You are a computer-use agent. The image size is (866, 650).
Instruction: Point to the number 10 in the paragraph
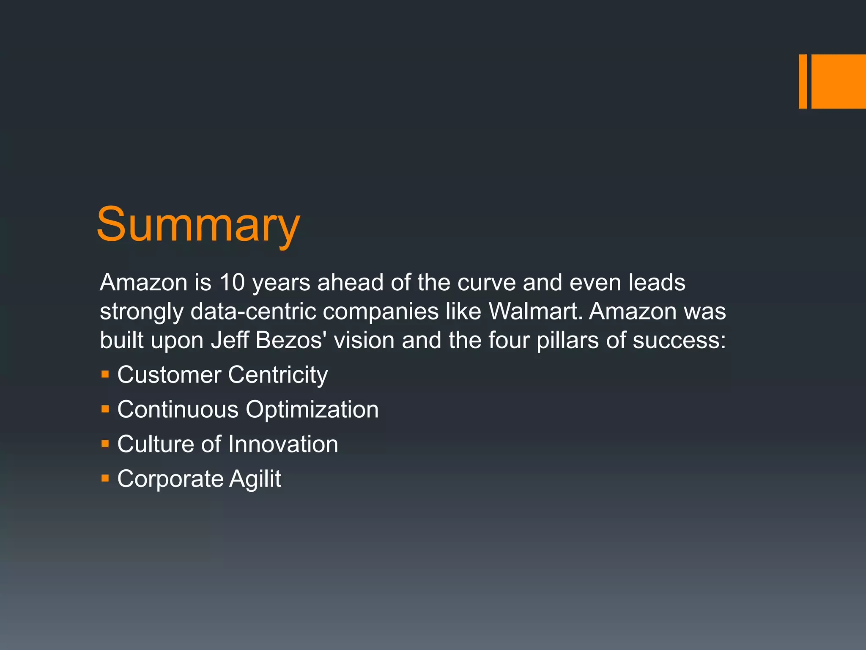232,282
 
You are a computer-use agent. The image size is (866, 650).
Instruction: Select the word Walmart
535,311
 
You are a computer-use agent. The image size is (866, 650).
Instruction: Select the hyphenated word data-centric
253,311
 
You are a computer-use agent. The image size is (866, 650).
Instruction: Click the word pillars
567,340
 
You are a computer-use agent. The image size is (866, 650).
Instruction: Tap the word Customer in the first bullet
169,375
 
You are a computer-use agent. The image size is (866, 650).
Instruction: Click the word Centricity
278,375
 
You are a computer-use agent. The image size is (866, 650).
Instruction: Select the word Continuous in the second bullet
178,409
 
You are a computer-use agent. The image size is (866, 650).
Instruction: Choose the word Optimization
312,410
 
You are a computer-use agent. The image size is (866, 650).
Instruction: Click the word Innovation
283,444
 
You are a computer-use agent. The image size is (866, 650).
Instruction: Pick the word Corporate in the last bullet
170,479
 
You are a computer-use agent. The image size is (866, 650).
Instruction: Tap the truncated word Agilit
255,479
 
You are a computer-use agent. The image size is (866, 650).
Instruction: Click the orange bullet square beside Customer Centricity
105,374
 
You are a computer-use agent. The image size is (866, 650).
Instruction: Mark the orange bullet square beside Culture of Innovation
105,443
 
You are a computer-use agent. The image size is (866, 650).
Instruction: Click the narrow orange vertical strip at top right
803,81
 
